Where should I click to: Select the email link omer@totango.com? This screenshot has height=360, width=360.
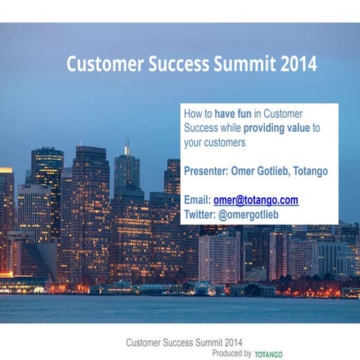pyautogui.click(x=256, y=200)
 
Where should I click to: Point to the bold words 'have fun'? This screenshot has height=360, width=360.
pyautogui.click(x=234, y=113)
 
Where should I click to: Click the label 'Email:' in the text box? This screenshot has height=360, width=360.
pyautogui.click(x=197, y=200)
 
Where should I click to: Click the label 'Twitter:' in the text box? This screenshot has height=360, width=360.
pyautogui.click(x=200, y=214)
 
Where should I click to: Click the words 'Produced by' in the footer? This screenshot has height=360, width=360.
pyautogui.click(x=231, y=352)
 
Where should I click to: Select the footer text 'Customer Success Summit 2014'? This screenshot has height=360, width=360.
pyautogui.click(x=184, y=343)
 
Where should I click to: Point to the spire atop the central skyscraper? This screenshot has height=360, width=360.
pyautogui.click(x=127, y=144)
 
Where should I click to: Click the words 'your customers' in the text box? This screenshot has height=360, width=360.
pyautogui.click(x=215, y=142)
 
